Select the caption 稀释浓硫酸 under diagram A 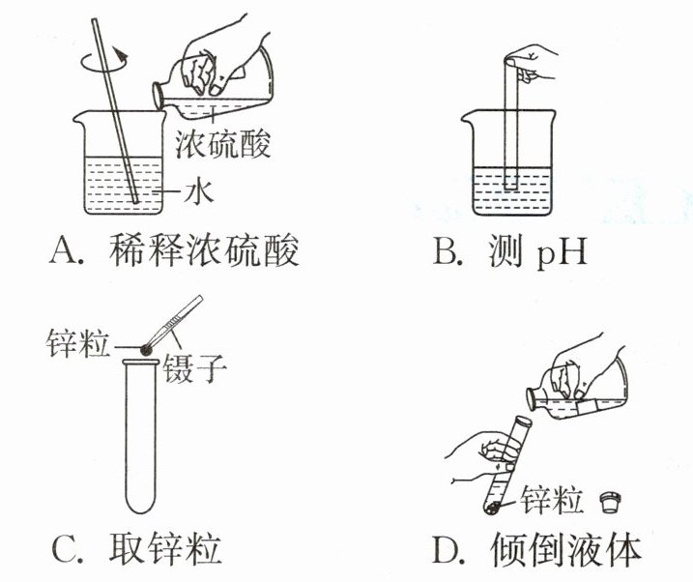point(212,252)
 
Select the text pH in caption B point(560,254)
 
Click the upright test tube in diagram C point(143,435)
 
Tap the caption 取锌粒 point(163,549)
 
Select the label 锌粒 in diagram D point(552,501)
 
